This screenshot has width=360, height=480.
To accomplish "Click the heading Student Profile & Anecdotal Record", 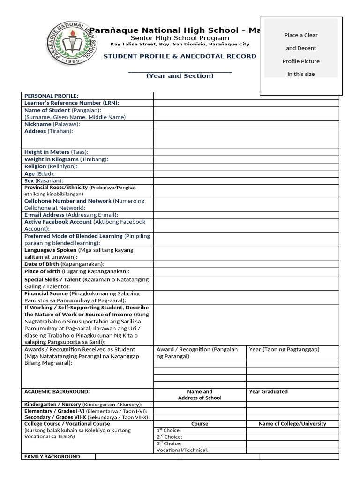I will tap(180, 56).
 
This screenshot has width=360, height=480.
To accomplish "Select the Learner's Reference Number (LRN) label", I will tap(72, 103).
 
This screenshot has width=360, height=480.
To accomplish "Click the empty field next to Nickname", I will tap(246, 124).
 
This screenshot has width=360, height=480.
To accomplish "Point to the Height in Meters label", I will tap(56, 152).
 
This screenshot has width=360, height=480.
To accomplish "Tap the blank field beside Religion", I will tap(246, 166).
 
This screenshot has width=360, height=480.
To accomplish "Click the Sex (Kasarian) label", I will tap(44, 180).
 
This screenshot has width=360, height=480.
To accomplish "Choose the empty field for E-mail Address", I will tap(246, 215).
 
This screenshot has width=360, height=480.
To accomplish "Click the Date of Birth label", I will tap(64, 264).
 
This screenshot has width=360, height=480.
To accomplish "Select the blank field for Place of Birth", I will tap(246, 271).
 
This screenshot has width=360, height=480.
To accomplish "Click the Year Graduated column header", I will tap(269, 392).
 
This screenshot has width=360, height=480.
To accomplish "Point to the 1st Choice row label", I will tap(168, 430).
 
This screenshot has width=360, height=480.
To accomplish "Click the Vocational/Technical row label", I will tap(182, 450).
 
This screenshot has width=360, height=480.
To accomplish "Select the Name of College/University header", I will tap(292, 424).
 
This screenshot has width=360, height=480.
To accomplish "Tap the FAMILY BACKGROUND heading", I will tap(53, 457).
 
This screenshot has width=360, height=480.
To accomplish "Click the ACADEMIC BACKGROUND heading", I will tap(57, 392).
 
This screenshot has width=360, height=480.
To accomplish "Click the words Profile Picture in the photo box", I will tap(301, 61).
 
